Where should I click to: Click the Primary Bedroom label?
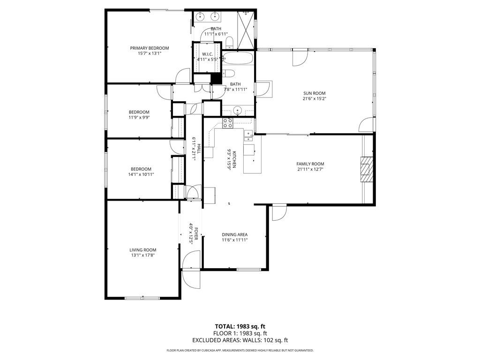click(x=150, y=48)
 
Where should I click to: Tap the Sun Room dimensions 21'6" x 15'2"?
click(x=314, y=99)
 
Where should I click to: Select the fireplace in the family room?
click(x=365, y=169)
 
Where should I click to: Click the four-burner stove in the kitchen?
click(x=228, y=123)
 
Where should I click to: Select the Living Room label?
click(x=143, y=250)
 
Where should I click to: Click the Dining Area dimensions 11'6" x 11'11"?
click(x=234, y=240)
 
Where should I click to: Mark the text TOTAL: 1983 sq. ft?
click(x=240, y=326)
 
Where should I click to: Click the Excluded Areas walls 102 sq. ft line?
click(x=240, y=340)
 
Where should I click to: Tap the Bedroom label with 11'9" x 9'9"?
click(x=139, y=112)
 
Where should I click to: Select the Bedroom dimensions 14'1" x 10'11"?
click(x=141, y=174)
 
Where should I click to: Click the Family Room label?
click(x=310, y=164)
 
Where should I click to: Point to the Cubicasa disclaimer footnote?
click(x=240, y=350)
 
